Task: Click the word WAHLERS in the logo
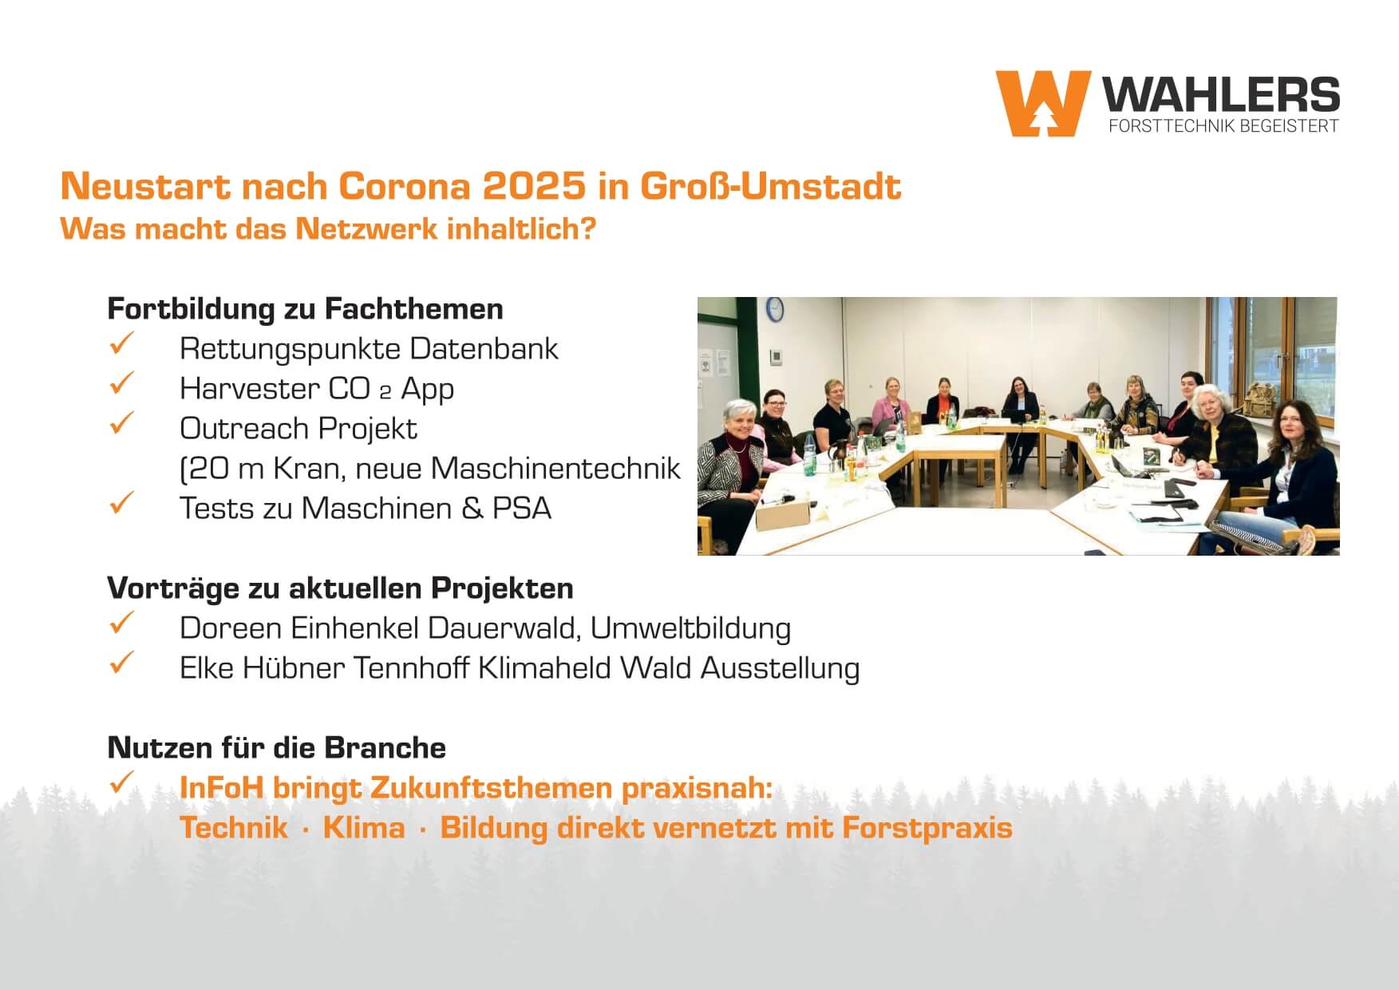tap(1222, 95)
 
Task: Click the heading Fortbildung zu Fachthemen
tap(306, 309)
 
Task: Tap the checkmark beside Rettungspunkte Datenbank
tap(121, 345)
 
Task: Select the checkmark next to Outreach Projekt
tap(121, 425)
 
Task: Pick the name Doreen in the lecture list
tap(231, 628)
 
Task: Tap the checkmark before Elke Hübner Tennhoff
tap(121, 664)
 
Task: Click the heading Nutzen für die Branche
tap(277, 748)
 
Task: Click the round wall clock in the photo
tap(774, 308)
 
